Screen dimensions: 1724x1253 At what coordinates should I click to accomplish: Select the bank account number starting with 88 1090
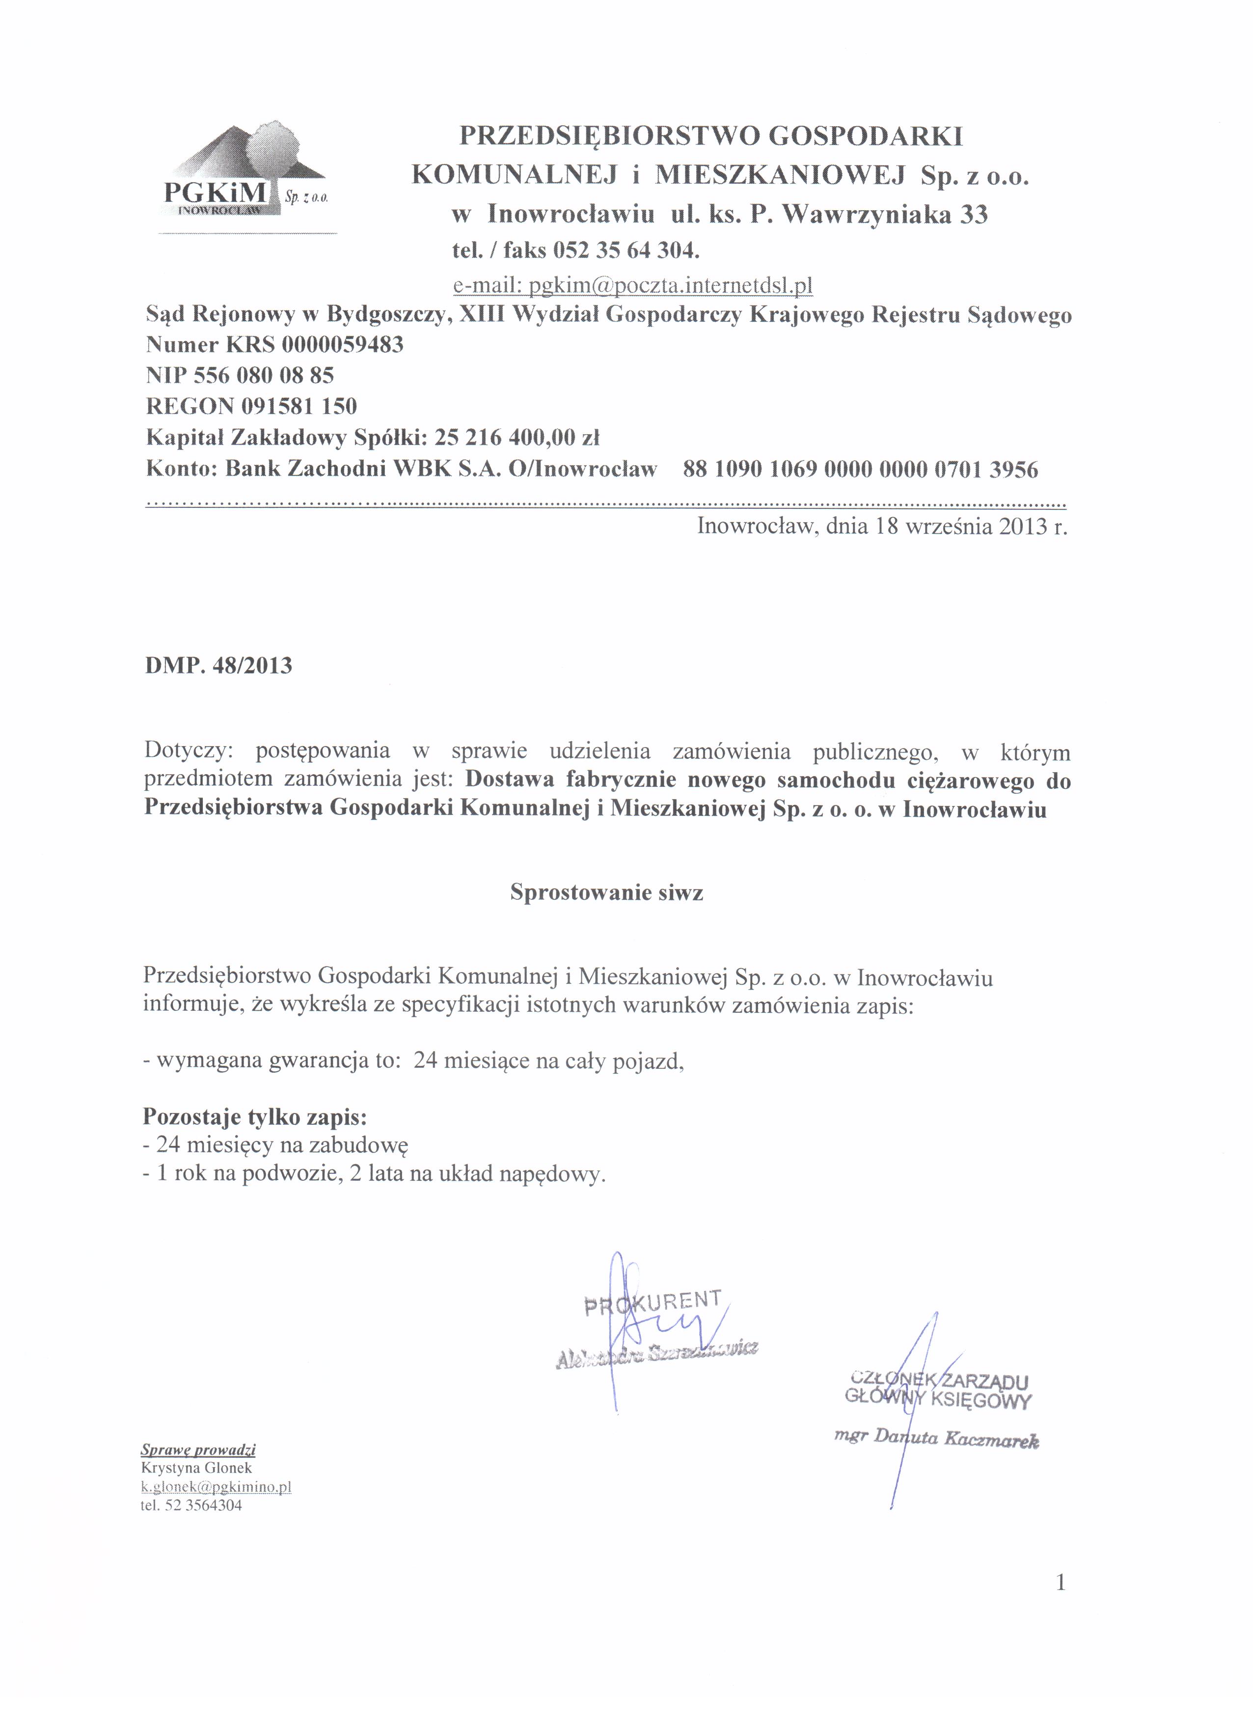pyautogui.click(x=860, y=469)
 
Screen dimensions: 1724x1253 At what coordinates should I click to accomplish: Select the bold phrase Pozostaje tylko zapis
pyautogui.click(x=254, y=1116)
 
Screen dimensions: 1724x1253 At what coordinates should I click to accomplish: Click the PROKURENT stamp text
pyautogui.click(x=652, y=1302)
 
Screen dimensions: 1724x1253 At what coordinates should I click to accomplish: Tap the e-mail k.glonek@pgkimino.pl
pyautogui.click(x=217, y=1486)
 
